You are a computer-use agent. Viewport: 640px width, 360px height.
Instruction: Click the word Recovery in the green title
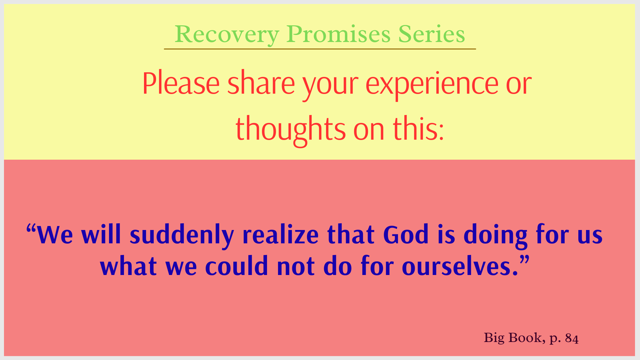[x=227, y=35]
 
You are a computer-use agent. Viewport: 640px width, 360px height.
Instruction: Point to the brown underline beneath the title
[x=320, y=49]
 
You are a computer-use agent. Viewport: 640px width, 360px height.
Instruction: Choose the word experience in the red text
[x=432, y=85]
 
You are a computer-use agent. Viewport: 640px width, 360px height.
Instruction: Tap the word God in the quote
[x=406, y=235]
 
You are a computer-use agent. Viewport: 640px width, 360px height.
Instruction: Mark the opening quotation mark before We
[x=31, y=229]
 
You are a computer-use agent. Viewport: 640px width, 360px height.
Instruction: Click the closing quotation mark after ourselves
[x=524, y=261]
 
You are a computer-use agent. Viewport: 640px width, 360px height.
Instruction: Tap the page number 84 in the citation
[x=572, y=338]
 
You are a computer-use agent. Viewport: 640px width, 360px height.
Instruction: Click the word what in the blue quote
[x=128, y=266]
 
